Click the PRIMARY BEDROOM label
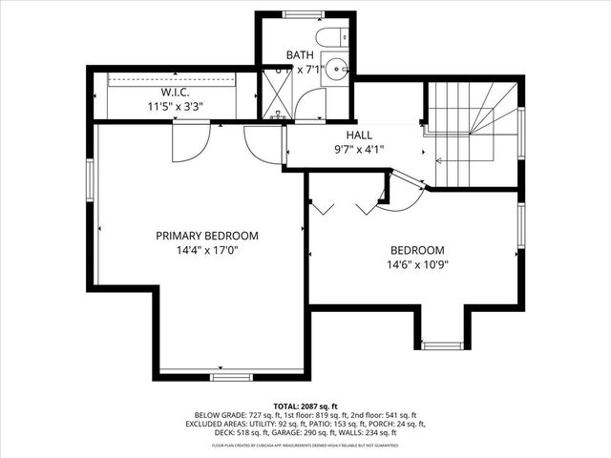207,235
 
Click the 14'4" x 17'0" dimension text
207,250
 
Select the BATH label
301,55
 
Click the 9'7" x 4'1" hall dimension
358,149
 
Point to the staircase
472,124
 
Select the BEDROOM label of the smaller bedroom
416,250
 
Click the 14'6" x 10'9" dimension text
418,265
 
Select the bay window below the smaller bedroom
441,344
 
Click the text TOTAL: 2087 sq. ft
305,405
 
